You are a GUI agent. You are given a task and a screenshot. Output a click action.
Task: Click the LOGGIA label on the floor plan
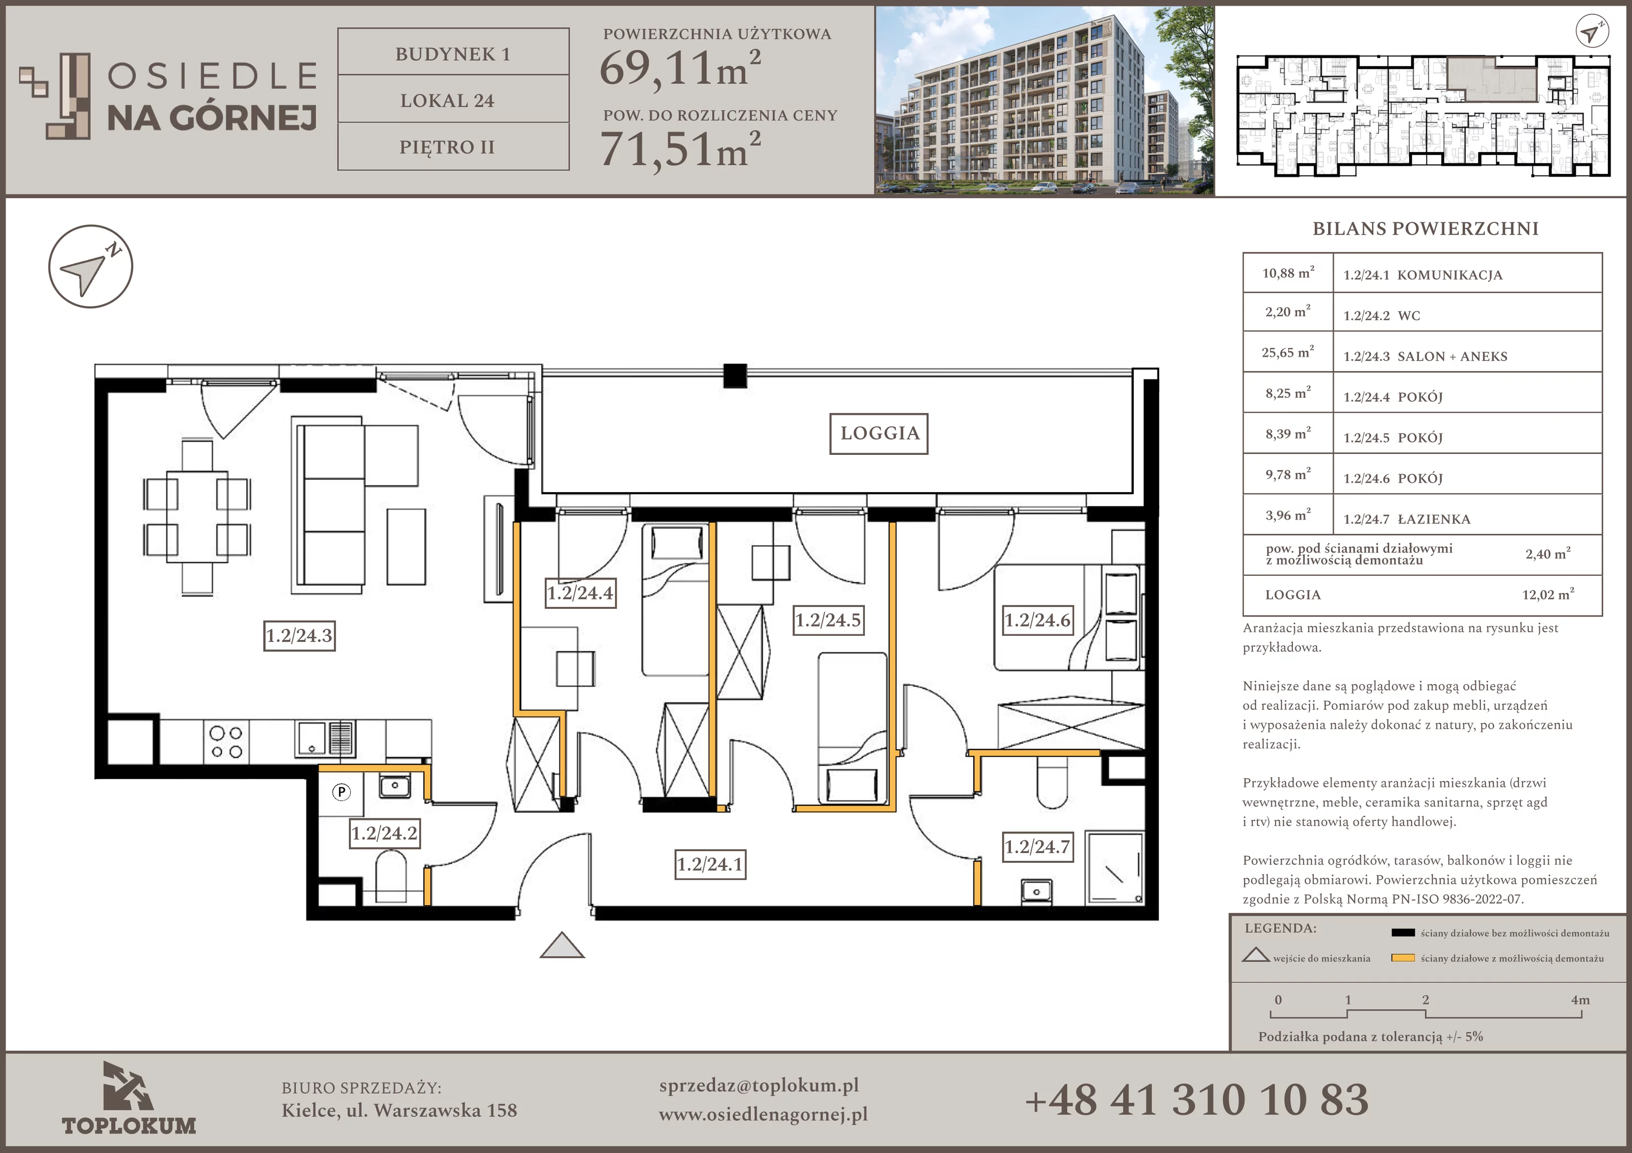tap(879, 433)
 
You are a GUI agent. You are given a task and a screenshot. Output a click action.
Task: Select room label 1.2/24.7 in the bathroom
tap(1037, 847)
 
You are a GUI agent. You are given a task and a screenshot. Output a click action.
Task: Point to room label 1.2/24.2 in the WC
tap(385, 833)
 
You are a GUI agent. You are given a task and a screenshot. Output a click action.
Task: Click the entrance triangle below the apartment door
tap(562, 945)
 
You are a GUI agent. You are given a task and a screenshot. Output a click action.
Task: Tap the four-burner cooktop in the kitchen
tap(226, 742)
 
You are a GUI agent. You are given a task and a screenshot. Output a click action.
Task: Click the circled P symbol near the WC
tap(342, 792)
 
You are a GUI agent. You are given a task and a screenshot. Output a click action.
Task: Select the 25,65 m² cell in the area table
tap(1288, 352)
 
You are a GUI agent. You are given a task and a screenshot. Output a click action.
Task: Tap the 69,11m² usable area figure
tap(680, 69)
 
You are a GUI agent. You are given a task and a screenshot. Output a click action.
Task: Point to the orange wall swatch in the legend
tap(1403, 958)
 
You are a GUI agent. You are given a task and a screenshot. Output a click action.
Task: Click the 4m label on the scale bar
tap(1580, 1000)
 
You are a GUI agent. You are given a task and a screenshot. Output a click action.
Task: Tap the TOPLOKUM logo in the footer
tap(129, 1098)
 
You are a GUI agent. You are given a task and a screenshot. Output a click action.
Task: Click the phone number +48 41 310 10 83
tap(1197, 1099)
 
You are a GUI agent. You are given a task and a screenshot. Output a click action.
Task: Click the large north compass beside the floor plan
tap(91, 267)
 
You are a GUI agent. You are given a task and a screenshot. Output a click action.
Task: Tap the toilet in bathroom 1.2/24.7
tap(1053, 783)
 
